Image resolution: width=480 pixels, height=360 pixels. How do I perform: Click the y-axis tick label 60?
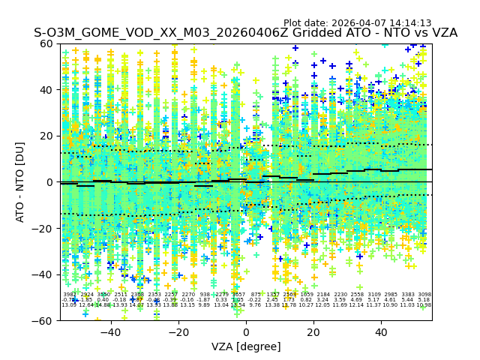tap(47, 43)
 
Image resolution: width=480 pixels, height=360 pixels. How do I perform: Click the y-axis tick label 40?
tap(47, 90)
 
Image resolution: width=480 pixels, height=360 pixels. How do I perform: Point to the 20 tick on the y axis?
tap(47, 136)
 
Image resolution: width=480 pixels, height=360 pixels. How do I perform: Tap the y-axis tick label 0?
tap(50, 182)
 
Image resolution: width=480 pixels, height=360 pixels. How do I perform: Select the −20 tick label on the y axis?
tap(44, 228)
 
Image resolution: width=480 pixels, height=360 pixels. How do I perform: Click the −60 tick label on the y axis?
tap(44, 320)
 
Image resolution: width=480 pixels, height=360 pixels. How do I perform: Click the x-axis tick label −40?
tap(110, 332)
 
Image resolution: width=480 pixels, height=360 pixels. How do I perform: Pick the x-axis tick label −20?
tap(178, 332)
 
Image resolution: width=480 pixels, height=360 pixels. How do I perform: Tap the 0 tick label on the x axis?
tap(246, 332)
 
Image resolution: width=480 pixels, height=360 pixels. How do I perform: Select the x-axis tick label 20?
tap(313, 332)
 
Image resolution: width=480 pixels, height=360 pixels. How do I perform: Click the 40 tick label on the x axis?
tap(381, 332)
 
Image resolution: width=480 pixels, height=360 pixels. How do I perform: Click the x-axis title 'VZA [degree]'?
tap(246, 346)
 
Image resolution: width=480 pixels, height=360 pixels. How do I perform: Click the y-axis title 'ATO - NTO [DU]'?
tap(21, 181)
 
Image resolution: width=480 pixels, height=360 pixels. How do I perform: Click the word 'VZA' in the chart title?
tap(441, 33)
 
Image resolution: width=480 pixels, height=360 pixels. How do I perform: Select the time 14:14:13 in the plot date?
tap(409, 23)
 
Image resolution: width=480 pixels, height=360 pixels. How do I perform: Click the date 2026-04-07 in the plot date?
tap(356, 23)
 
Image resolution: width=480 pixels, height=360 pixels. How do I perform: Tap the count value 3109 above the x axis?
tap(374, 295)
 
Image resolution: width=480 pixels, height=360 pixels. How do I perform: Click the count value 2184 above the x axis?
tap(323, 295)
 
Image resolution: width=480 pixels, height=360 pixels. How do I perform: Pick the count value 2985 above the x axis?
tap(391, 295)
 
